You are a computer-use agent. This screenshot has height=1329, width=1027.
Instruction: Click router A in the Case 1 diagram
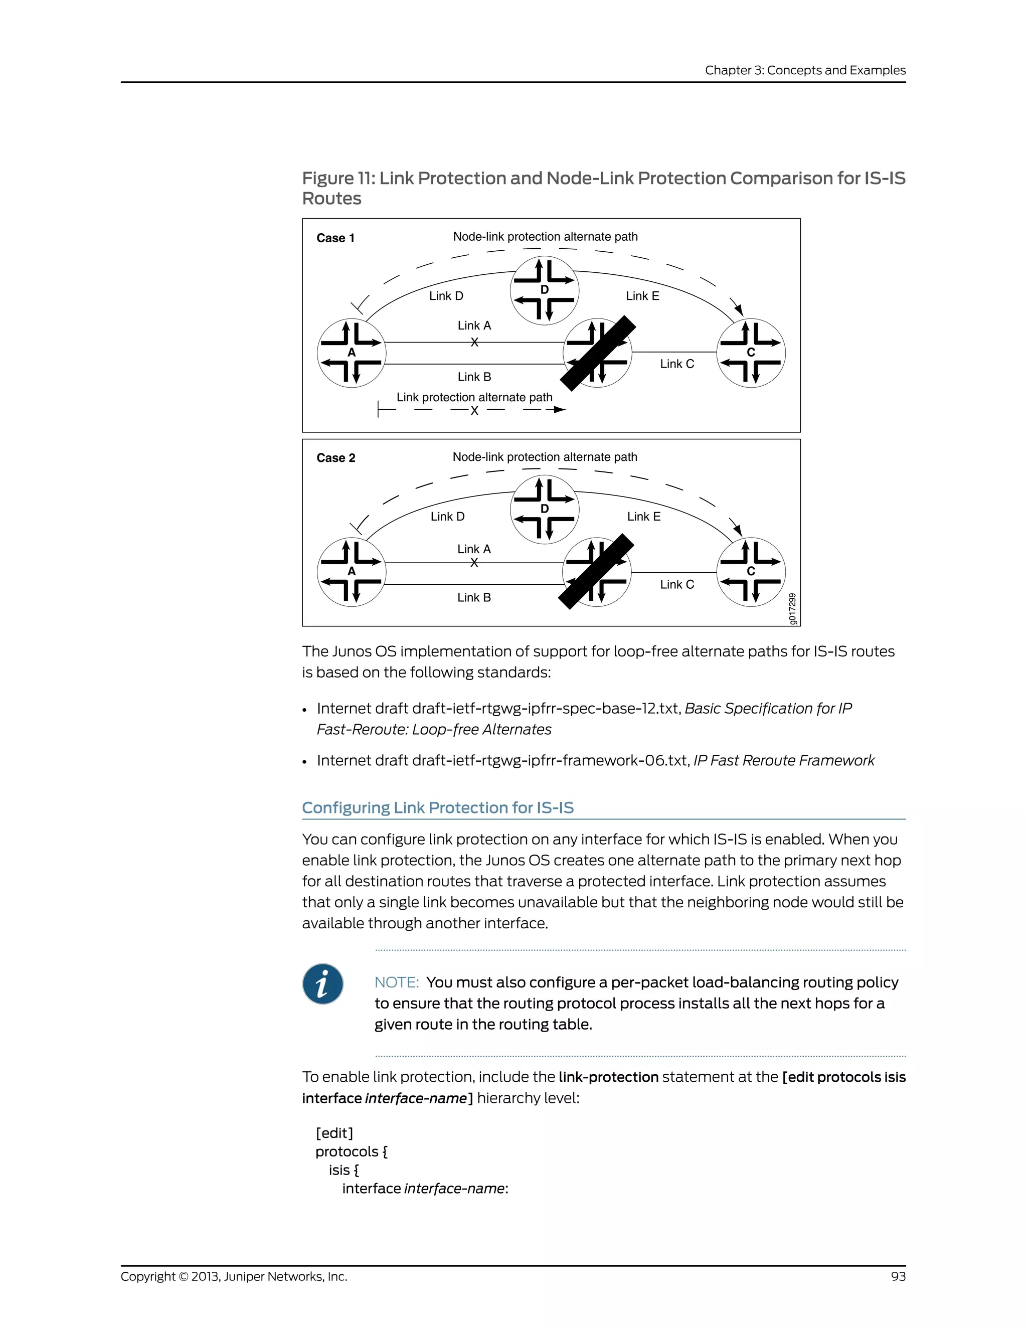click(x=352, y=353)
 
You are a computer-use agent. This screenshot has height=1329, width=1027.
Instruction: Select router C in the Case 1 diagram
click(x=751, y=353)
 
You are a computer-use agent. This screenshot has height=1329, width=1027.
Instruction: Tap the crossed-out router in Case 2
click(x=597, y=572)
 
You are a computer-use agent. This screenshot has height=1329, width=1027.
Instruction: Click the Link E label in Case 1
click(x=642, y=296)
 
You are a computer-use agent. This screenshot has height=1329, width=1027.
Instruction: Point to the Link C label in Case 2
click(x=676, y=584)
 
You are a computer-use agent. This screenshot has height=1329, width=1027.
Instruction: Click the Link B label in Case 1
click(x=474, y=377)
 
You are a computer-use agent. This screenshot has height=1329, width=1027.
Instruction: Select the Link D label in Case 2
click(x=447, y=516)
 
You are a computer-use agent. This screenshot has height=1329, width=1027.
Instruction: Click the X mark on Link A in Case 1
click(x=474, y=343)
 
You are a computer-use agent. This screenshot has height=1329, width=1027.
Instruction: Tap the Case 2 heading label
click(x=336, y=457)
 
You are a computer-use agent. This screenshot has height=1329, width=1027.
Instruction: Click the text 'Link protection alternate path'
click(x=474, y=397)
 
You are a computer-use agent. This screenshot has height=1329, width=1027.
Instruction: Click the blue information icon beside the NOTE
click(x=322, y=983)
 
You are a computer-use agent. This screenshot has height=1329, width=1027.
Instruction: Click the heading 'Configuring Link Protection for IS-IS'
click(x=437, y=807)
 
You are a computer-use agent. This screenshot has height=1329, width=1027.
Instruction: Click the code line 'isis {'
click(x=344, y=1170)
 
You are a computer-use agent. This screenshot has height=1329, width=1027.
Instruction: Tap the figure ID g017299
click(x=792, y=608)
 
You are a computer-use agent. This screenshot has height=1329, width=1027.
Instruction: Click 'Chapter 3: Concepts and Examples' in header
click(x=805, y=70)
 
